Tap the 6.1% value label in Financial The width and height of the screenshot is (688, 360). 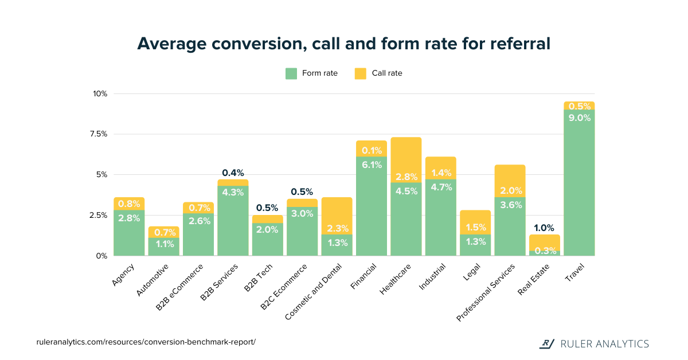point(371,165)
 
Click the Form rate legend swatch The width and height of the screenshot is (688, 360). point(291,73)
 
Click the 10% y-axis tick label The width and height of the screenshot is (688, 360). point(100,93)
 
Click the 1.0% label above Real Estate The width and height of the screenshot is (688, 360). point(544,228)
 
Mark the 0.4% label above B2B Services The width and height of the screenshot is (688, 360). point(233,173)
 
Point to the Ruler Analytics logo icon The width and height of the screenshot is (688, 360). point(548,343)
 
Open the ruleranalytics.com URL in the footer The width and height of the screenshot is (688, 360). point(146,342)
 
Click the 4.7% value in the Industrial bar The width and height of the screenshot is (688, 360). point(440,187)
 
